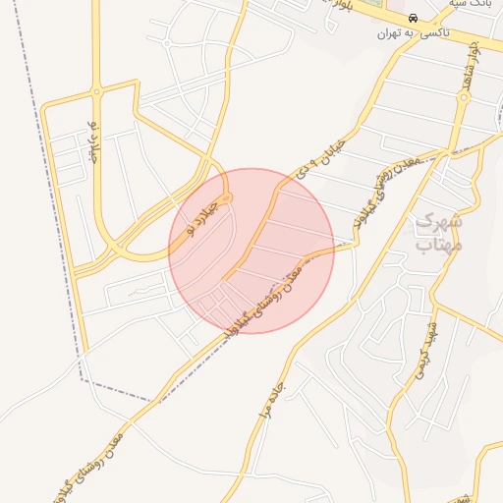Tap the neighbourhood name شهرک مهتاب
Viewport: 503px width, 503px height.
(439, 234)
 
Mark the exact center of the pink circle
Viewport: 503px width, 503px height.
(251, 251)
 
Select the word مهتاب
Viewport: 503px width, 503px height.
(438, 245)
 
